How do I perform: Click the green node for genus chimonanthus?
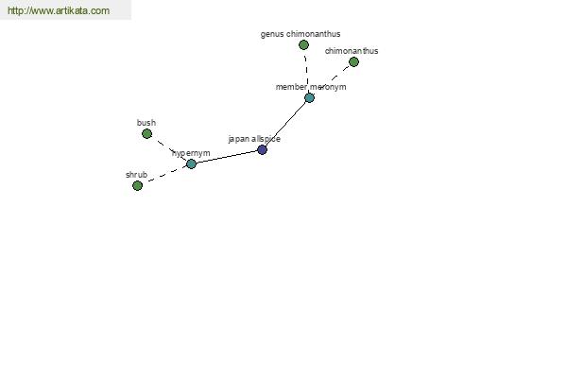pos(303,44)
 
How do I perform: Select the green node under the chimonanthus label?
pos(353,61)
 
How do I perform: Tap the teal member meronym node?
pos(309,97)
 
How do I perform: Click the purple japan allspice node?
pos(262,149)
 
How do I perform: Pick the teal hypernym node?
pos(191,163)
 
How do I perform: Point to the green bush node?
pos(146,134)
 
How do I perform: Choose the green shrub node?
pos(137,185)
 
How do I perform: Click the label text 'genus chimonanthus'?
pos(301,34)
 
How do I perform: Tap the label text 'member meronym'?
pos(311,87)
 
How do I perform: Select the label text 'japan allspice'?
pos(254,139)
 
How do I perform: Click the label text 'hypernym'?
pos(191,153)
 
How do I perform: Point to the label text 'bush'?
pos(146,123)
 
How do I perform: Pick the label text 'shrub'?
pos(136,175)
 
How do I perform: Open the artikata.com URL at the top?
pos(59,10)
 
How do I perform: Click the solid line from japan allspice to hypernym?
pos(227,157)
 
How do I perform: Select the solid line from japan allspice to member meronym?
pos(285,124)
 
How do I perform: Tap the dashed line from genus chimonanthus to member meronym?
pos(306,71)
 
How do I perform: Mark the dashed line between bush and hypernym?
pos(169,149)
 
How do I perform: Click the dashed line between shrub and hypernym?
pos(164,175)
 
